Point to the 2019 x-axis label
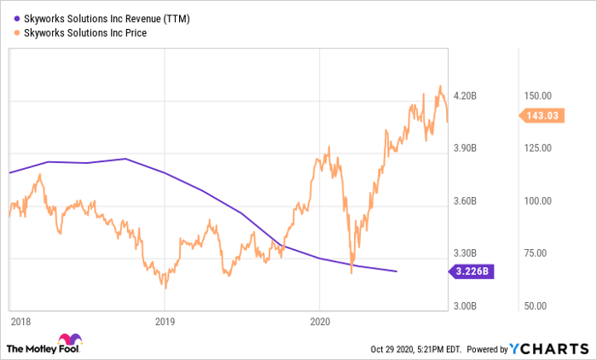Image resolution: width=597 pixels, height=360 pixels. (165, 322)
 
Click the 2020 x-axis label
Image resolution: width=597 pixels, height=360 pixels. (319, 322)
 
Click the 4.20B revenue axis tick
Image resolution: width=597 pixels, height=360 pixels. (466, 96)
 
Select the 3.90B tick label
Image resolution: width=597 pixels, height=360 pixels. (466, 148)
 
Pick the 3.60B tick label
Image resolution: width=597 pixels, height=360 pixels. (466, 201)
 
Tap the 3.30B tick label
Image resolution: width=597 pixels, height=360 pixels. (466, 253)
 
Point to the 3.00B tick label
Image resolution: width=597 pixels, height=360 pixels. (466, 305)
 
